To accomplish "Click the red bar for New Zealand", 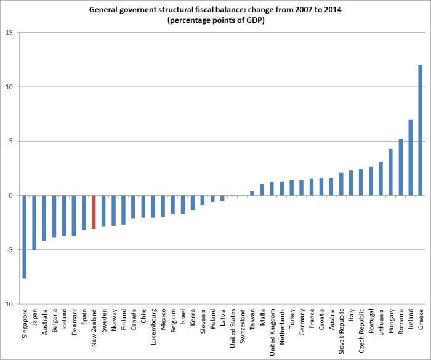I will [x=94, y=212].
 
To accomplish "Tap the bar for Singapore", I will [x=25, y=236].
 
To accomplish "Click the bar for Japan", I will [x=34, y=222].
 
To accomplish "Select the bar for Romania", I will [x=400, y=167].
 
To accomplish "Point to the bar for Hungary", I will [x=390, y=172].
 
